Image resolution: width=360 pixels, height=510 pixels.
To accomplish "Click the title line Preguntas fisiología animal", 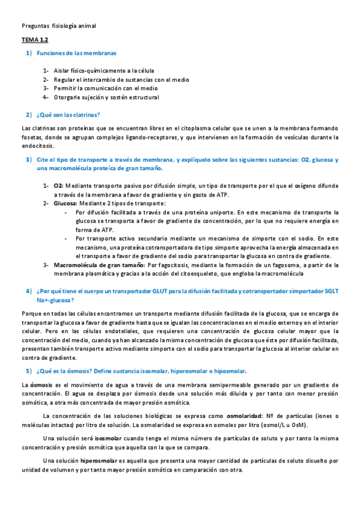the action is point(58,26).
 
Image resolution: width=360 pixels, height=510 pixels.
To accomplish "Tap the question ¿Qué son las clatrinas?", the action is point(68,114).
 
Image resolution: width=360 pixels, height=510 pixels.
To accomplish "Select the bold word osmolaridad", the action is point(246,416).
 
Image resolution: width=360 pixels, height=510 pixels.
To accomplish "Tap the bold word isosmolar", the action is point(109,438).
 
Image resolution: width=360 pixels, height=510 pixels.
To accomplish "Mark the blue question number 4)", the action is point(28,291).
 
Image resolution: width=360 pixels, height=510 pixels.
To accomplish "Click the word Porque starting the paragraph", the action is point(32,314).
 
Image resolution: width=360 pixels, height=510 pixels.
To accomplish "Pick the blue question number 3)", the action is point(28,160).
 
